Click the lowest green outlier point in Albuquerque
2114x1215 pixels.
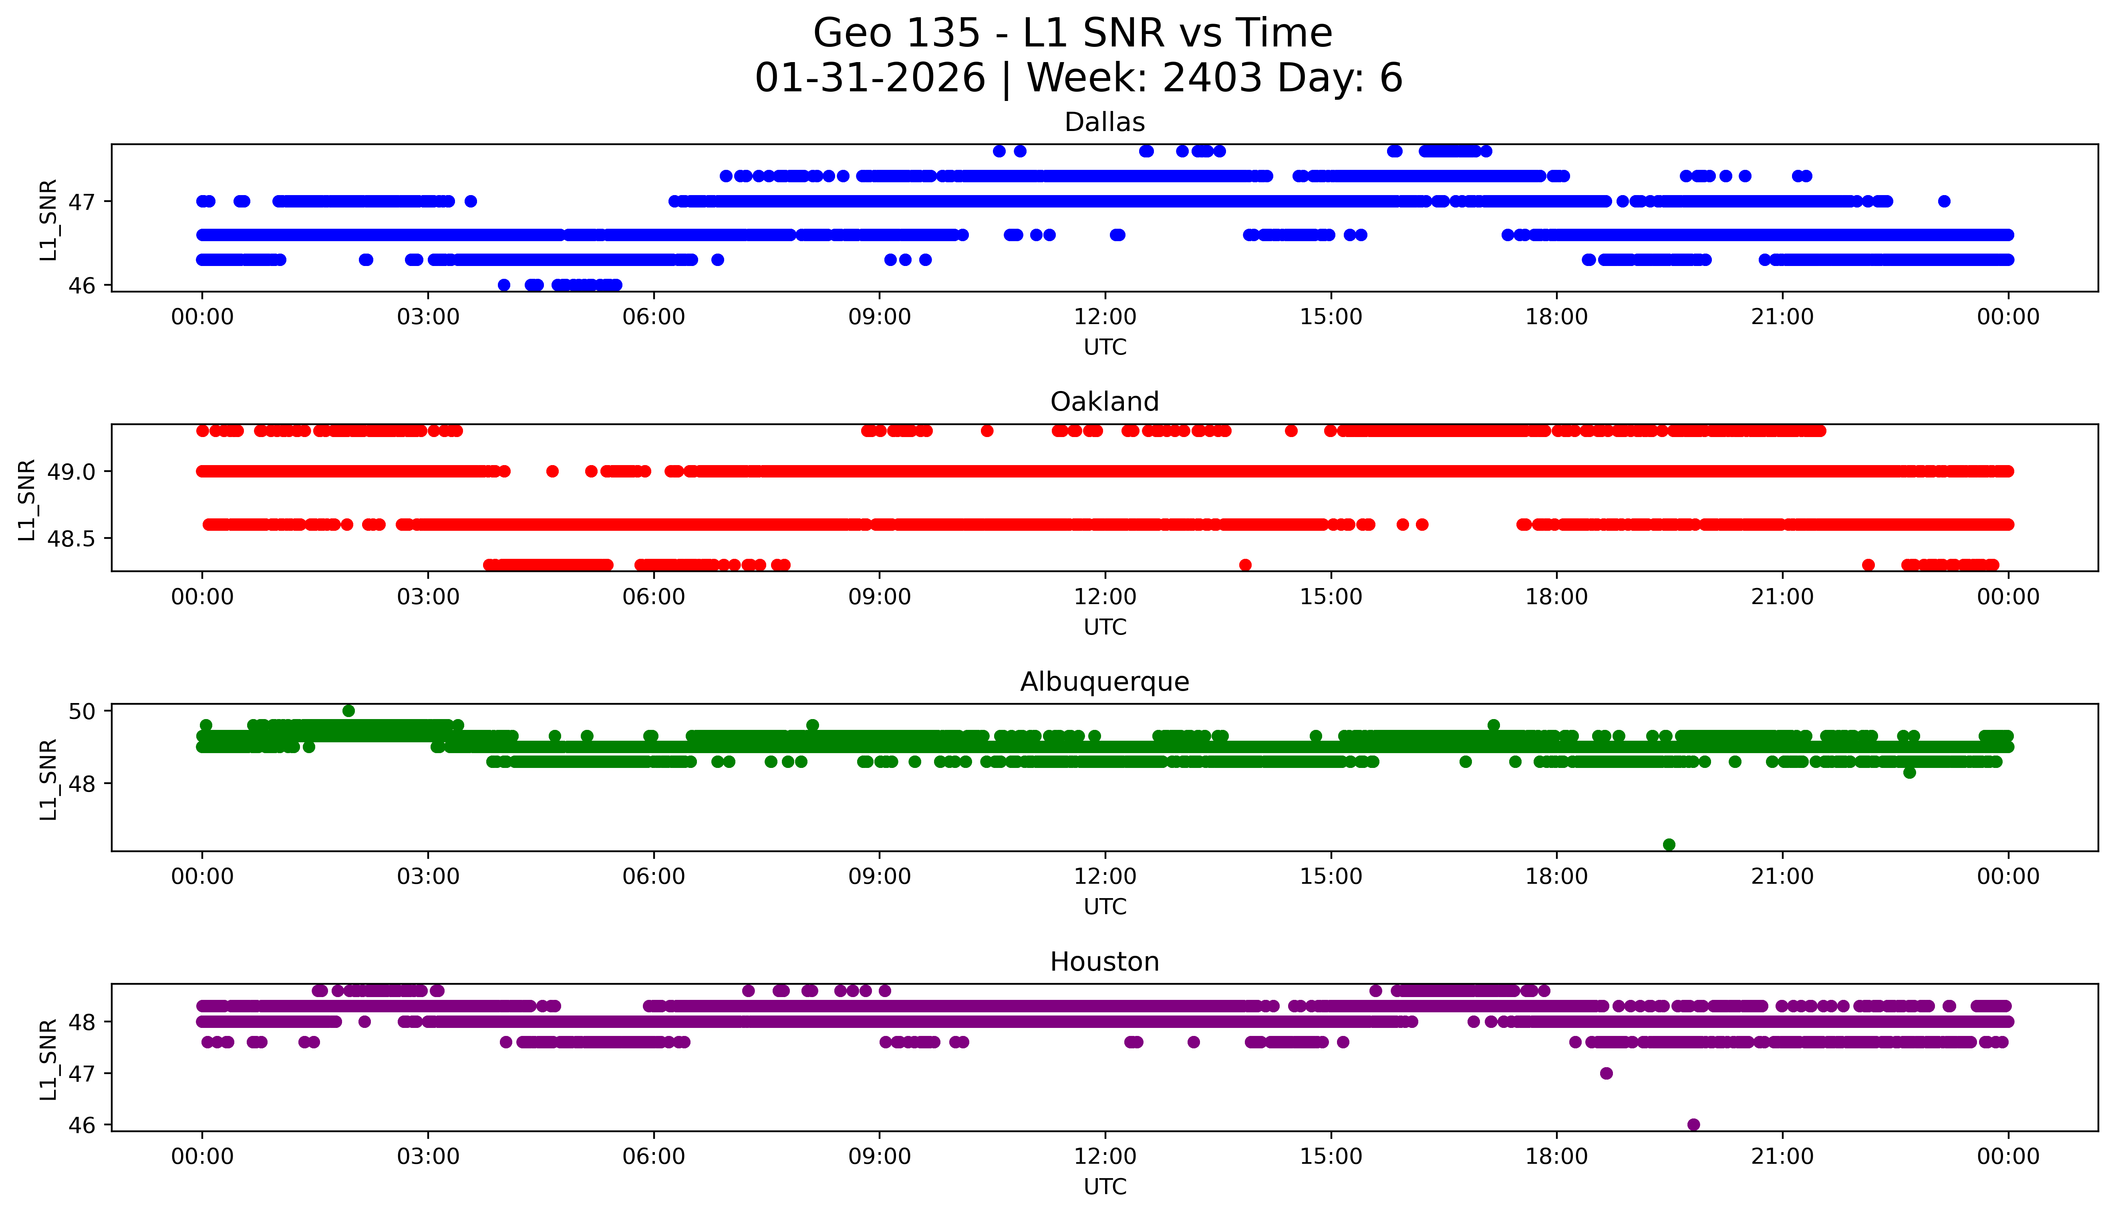click(x=1669, y=844)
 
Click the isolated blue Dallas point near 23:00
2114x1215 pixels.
click(x=1944, y=201)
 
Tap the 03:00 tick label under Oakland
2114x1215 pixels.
click(x=428, y=596)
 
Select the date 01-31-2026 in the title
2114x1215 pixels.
click(x=870, y=79)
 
